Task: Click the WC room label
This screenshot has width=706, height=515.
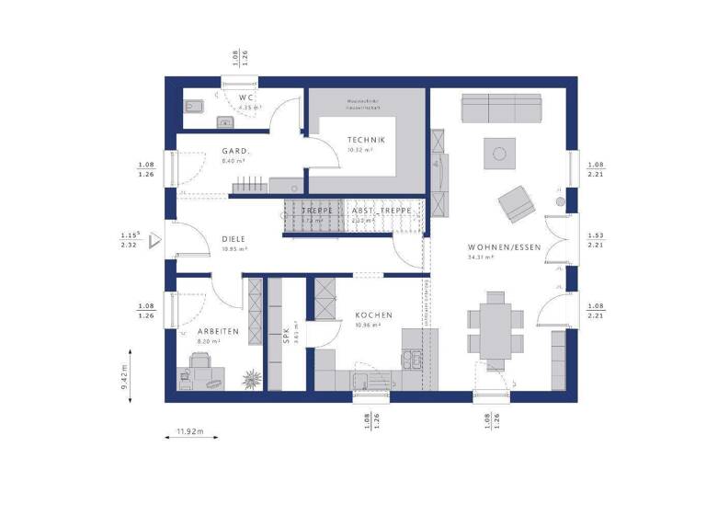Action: pos(246,97)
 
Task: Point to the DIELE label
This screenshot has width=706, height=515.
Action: pos(233,239)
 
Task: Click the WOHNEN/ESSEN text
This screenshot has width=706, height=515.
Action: pos(498,248)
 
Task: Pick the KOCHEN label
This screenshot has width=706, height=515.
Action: pos(374,315)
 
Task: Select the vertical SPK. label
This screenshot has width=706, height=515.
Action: pos(286,341)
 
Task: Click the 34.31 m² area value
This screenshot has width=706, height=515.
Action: pos(480,258)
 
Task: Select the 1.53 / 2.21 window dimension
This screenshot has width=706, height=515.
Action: pos(595,241)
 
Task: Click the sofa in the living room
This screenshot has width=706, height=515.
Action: pos(501,111)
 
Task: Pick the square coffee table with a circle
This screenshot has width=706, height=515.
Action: pos(502,153)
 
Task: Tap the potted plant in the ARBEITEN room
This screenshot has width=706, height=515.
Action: pos(248,377)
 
